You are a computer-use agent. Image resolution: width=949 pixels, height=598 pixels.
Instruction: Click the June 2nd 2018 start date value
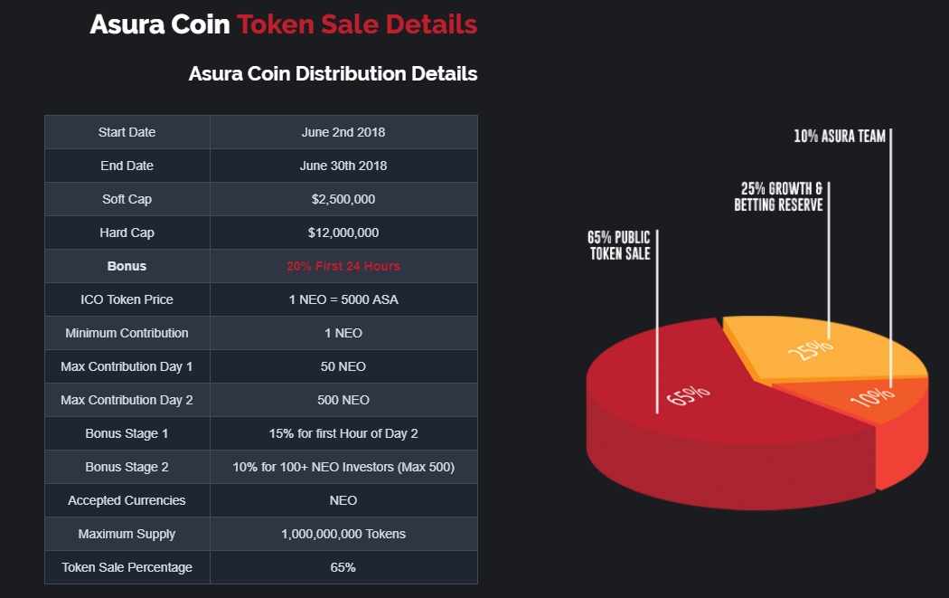[x=343, y=132]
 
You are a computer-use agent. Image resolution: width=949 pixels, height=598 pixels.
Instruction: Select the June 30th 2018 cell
[x=343, y=166]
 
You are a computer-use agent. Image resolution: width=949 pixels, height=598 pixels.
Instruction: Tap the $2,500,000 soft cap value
[x=343, y=199]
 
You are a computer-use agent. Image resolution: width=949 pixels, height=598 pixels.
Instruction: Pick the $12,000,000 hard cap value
[x=343, y=233]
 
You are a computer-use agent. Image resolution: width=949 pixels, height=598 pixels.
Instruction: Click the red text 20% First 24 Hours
[x=343, y=266]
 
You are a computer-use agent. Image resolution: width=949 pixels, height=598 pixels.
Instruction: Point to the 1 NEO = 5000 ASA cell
[x=343, y=299]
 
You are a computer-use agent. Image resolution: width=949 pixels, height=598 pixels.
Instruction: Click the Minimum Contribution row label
[x=127, y=333]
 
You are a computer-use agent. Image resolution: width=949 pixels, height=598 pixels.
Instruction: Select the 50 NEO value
[x=343, y=366]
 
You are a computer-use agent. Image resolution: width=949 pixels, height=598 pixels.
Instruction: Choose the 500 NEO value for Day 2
[x=343, y=400]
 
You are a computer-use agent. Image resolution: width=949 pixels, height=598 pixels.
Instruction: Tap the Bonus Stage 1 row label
[x=127, y=433]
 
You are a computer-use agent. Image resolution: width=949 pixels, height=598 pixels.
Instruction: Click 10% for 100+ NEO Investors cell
[x=343, y=467]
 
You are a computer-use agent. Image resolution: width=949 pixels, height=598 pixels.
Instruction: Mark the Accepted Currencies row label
[x=127, y=500]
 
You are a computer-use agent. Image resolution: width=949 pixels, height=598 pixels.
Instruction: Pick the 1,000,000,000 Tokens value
[x=343, y=534]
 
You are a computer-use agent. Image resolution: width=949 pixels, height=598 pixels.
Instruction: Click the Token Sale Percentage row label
[x=127, y=567]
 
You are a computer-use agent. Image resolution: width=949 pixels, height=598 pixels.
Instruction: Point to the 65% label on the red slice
[x=688, y=396]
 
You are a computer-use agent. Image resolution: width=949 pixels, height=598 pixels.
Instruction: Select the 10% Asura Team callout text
[x=839, y=137]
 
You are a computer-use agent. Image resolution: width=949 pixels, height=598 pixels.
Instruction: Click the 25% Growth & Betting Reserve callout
[x=778, y=196]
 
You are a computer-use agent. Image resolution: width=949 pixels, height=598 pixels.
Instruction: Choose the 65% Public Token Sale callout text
[x=619, y=245]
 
